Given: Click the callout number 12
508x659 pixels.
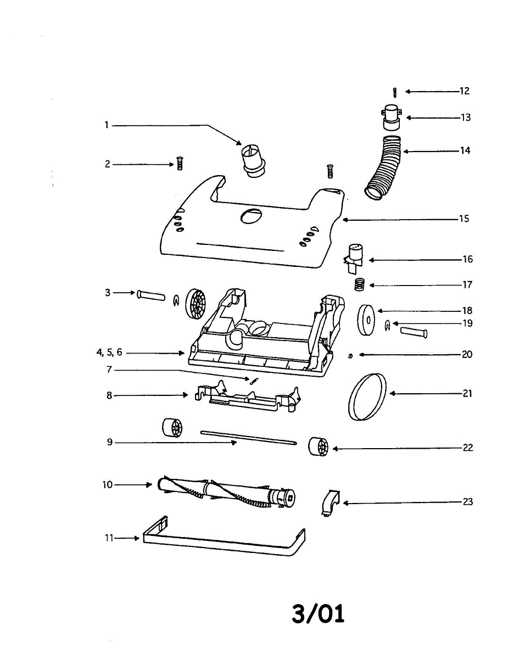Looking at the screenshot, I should tap(465, 91).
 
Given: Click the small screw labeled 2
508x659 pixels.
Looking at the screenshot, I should tap(178, 164).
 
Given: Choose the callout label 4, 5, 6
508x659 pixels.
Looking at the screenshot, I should tap(109, 353).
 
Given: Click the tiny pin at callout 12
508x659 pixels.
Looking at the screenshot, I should tap(395, 92).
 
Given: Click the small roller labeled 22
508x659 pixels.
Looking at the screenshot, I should tap(317, 446).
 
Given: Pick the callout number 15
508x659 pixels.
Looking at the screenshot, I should tap(464, 219).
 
